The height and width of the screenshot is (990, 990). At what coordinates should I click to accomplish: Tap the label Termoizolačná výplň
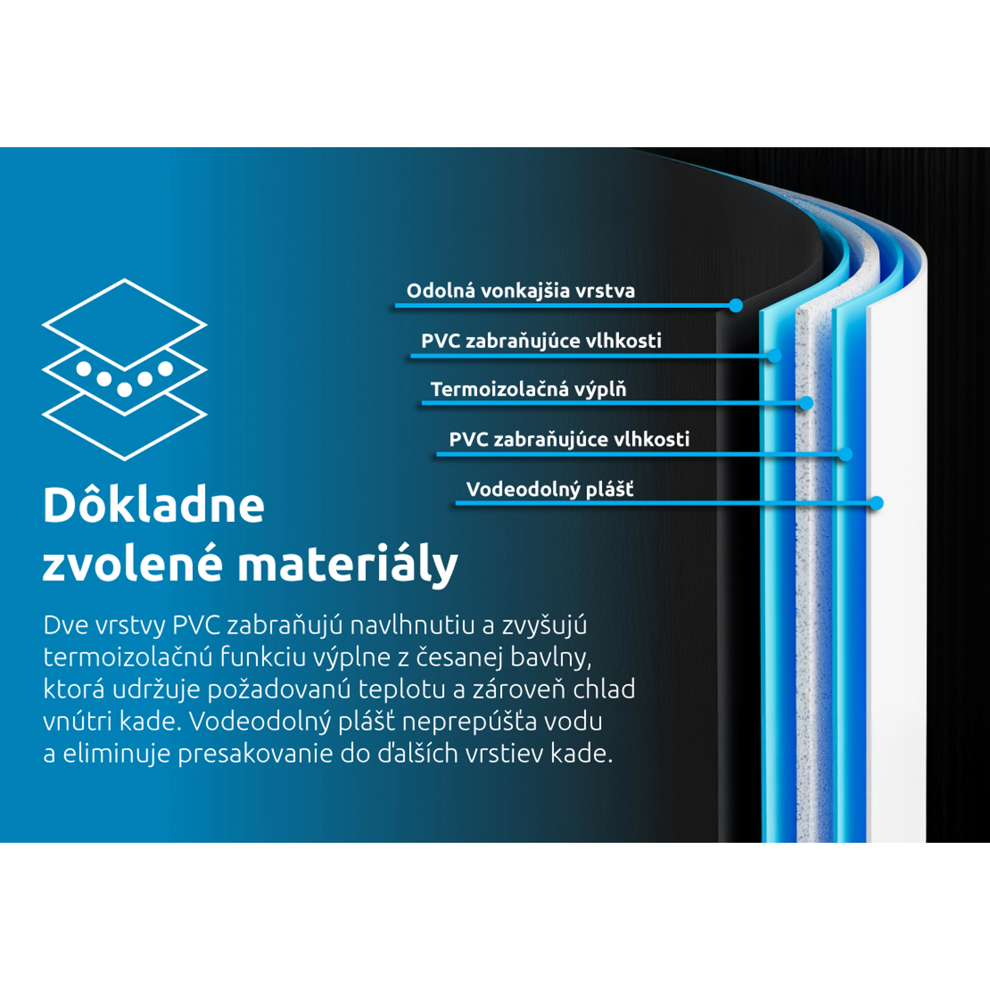(528, 389)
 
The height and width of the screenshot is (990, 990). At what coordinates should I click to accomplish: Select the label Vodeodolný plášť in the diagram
(550, 489)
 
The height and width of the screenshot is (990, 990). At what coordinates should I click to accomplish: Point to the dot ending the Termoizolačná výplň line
(807, 403)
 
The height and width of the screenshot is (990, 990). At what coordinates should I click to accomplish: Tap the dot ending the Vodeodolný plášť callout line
(877, 503)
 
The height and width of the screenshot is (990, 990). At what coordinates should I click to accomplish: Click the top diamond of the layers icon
(124, 324)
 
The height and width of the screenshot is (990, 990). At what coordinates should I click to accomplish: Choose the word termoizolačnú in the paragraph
(128, 657)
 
